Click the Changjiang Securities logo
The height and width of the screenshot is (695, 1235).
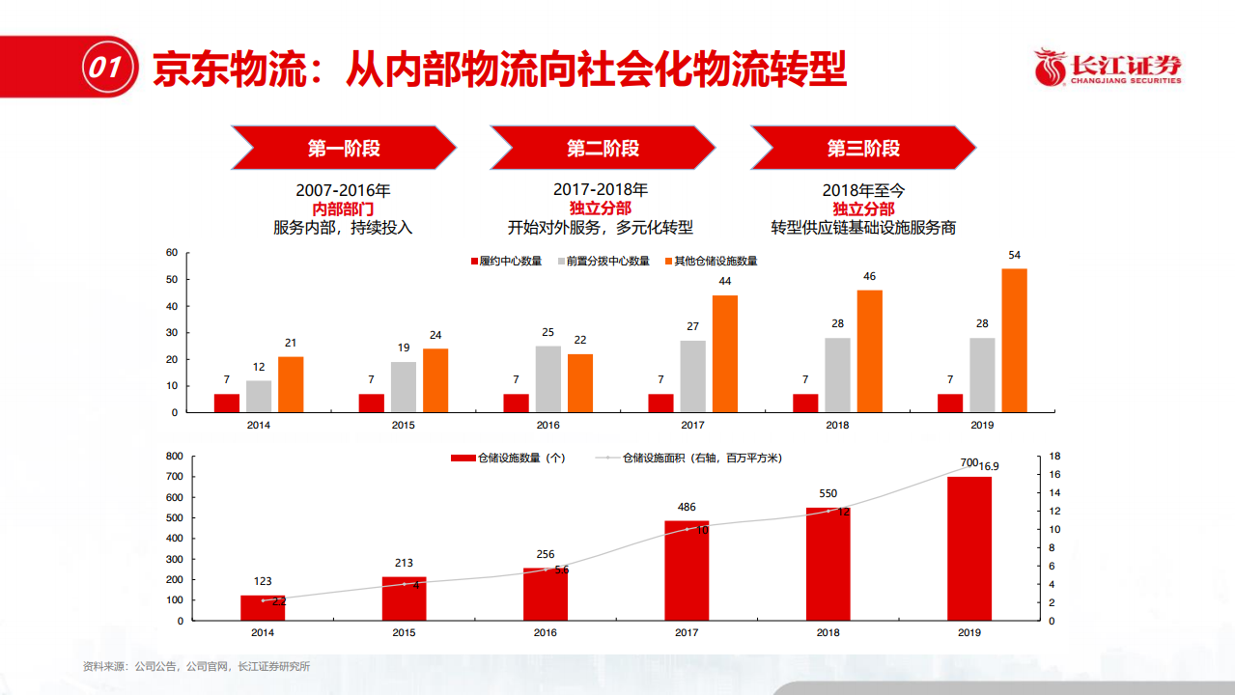tap(1108, 68)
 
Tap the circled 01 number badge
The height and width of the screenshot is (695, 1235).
tap(105, 68)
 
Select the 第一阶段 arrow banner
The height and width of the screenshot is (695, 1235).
tap(344, 148)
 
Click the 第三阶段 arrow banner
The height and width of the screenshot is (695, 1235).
tap(863, 148)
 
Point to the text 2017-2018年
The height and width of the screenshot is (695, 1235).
tap(601, 191)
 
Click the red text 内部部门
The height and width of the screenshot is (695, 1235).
tap(343, 209)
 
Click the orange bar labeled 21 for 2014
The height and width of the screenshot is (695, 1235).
tap(291, 384)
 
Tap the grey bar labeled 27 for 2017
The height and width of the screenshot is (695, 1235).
tap(692, 375)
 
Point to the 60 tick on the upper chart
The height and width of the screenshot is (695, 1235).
tap(172, 253)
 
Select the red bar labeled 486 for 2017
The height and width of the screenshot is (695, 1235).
tap(687, 570)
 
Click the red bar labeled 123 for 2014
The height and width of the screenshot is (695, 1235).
tap(263, 607)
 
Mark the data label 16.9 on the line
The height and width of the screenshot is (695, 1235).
tap(989, 465)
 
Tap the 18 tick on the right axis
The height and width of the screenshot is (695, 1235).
tap(1055, 456)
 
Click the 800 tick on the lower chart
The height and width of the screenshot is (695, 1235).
tap(175, 456)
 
